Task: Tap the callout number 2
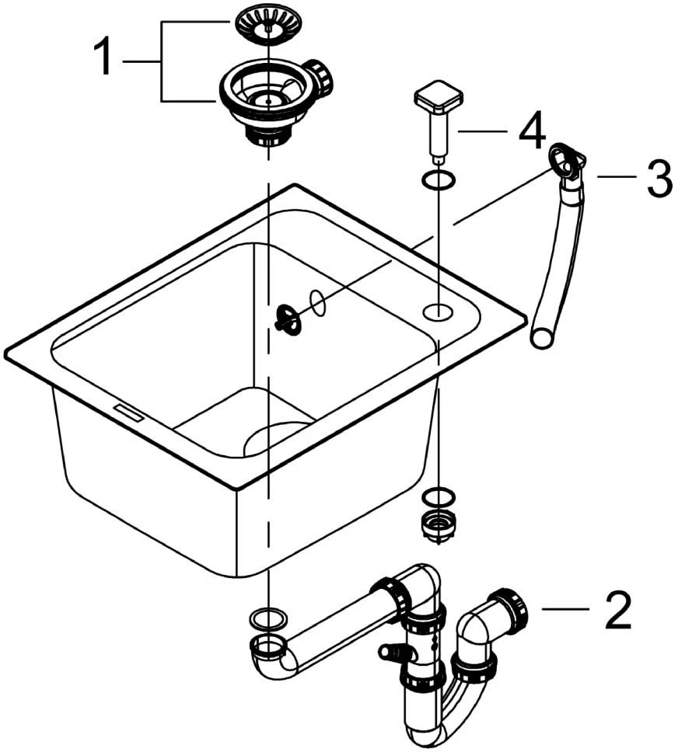click(618, 610)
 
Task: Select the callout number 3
click(659, 178)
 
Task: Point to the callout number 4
click(532, 130)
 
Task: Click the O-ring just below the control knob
click(439, 180)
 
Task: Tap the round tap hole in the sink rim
click(438, 312)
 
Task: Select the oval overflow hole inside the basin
click(317, 303)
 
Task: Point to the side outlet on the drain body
click(318, 77)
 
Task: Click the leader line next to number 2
click(565, 609)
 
